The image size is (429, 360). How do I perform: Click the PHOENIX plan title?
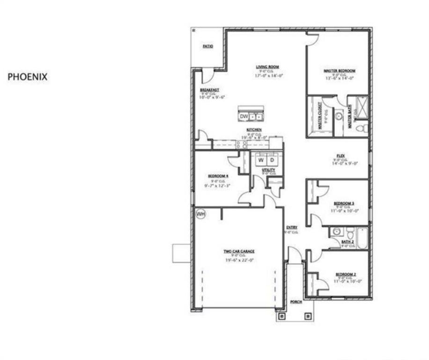[x=28, y=77]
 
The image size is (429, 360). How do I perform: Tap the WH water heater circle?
[x=200, y=214]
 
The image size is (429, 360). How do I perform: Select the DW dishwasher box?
[x=244, y=116]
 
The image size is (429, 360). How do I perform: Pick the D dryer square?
[x=272, y=161]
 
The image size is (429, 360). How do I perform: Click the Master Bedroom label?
[x=340, y=71]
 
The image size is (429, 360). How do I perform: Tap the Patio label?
[x=207, y=46]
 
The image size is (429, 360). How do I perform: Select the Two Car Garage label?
[x=239, y=251]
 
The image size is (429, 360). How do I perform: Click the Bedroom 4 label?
[x=219, y=176]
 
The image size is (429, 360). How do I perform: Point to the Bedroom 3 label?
[x=344, y=203]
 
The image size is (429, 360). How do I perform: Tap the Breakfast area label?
[x=209, y=90]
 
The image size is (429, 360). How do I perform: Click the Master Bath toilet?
[x=361, y=127]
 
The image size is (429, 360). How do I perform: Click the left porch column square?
[x=281, y=316]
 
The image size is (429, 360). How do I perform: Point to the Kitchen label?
[x=254, y=129]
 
